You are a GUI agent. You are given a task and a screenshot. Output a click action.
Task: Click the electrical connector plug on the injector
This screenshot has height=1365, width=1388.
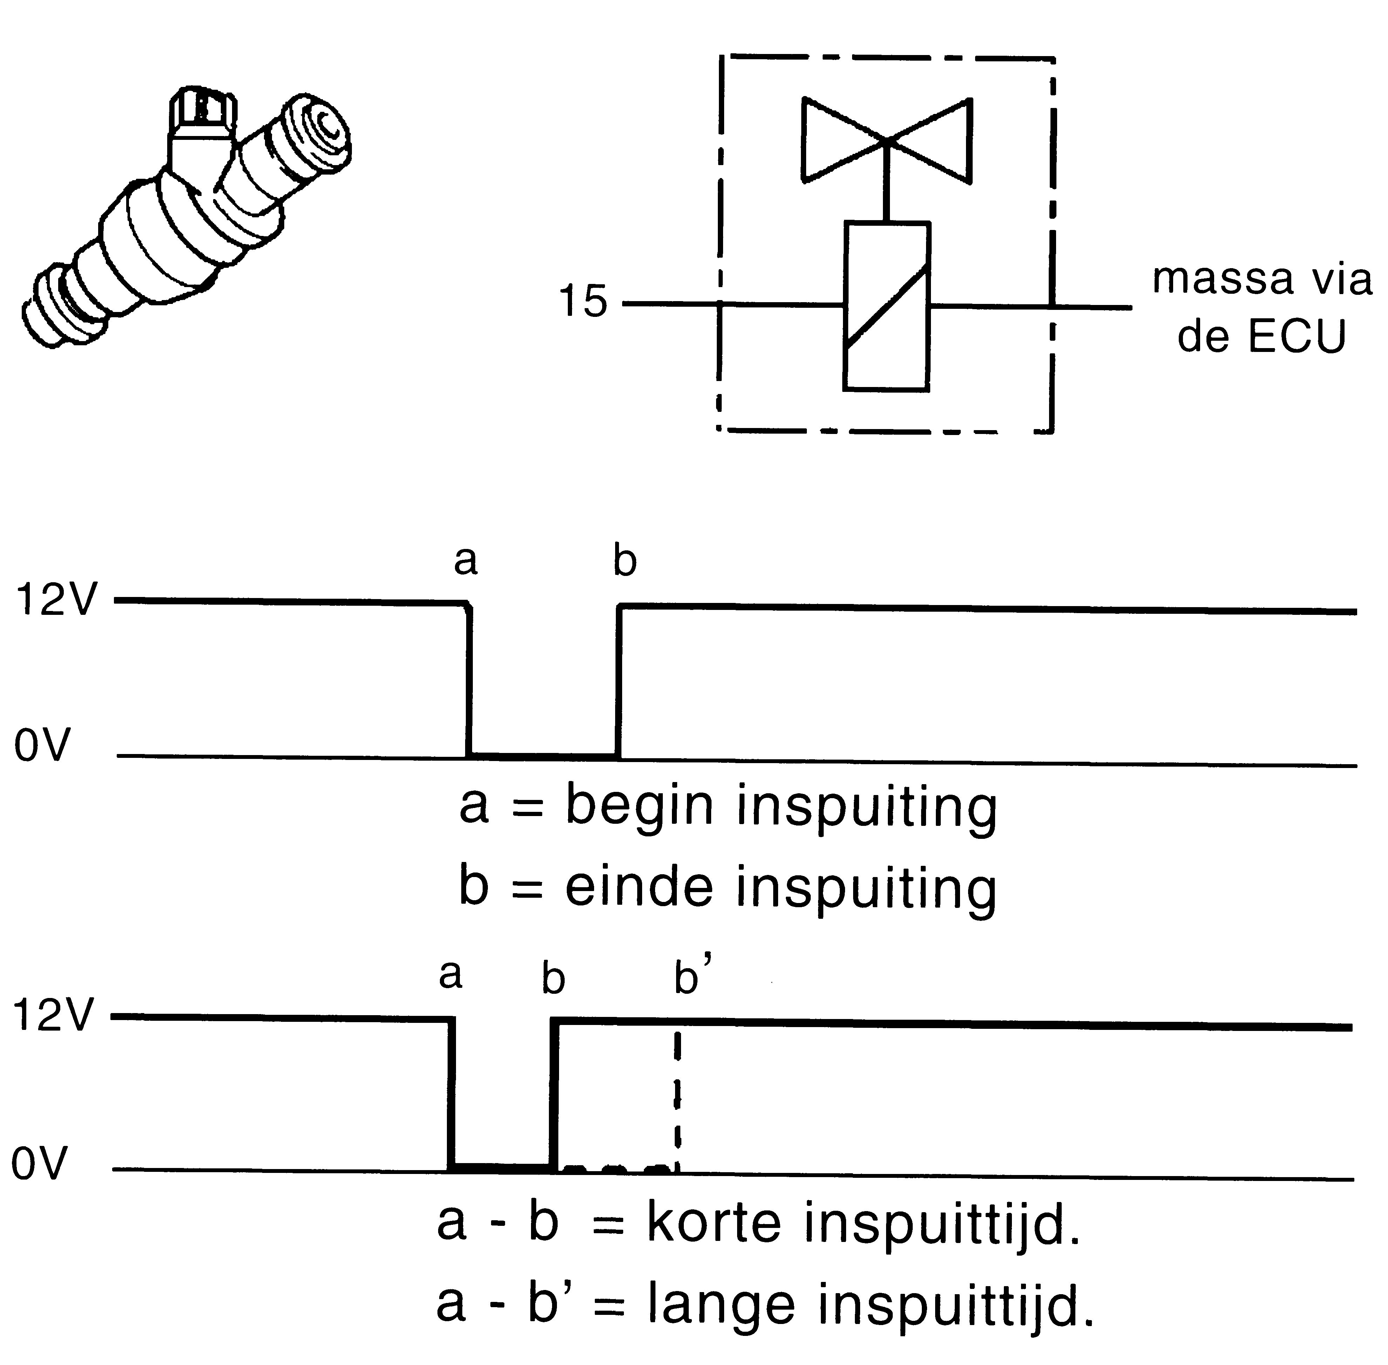pyautogui.click(x=202, y=111)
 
